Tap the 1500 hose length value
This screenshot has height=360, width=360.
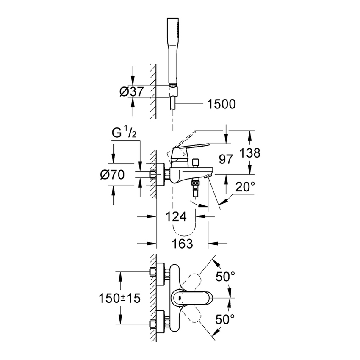219,104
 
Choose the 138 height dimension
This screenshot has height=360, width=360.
247,153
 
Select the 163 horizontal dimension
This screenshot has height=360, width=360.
182,244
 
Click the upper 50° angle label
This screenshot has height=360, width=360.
225,277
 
